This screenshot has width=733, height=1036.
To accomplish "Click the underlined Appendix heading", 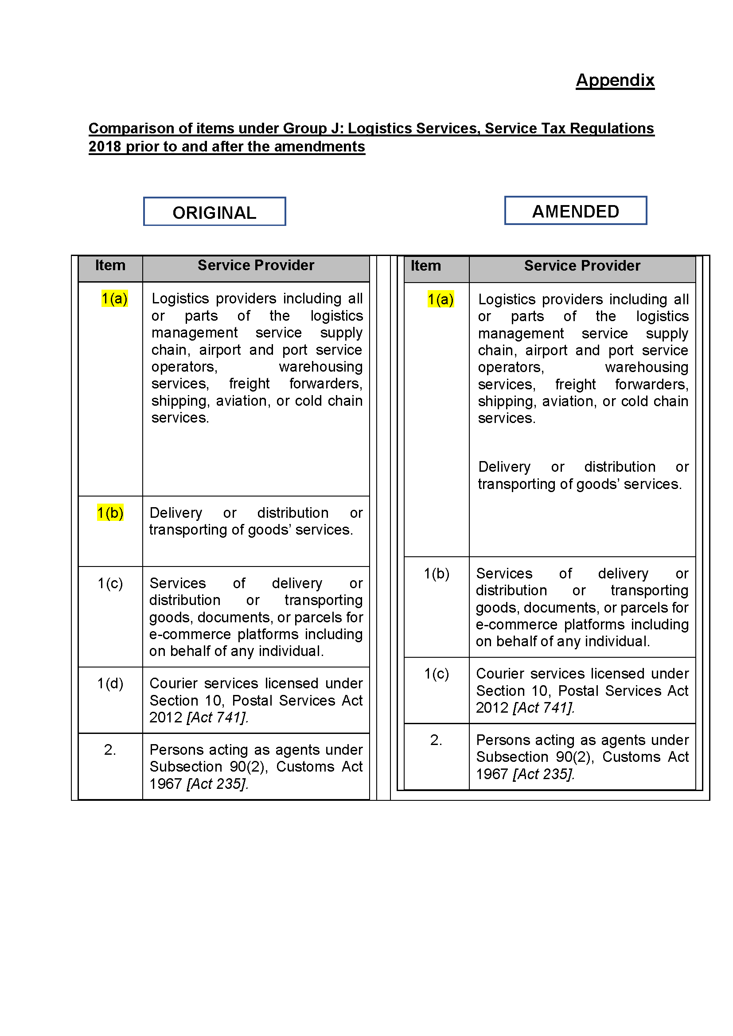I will (615, 80).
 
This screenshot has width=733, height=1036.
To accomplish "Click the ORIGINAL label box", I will (214, 212).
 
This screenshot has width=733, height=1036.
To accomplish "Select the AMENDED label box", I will (576, 211).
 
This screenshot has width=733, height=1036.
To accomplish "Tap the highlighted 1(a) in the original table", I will (115, 299).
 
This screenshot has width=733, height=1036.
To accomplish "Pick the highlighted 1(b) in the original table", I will (110, 513).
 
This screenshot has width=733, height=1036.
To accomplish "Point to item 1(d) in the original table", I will (110, 683).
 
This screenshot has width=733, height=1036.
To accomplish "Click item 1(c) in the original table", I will (110, 583).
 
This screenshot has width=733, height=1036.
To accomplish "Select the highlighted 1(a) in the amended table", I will (441, 299).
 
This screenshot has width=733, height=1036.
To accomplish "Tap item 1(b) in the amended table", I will (437, 574).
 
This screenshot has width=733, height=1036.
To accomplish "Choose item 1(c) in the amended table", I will (437, 674).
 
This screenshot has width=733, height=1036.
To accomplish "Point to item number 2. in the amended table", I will (436, 740).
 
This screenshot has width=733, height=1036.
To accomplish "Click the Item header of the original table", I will (110, 265).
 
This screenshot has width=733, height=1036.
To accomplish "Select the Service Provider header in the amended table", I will (582, 266).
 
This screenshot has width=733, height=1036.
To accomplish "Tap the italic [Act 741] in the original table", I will (217, 718).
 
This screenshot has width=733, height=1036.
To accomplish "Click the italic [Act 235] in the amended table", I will (543, 774).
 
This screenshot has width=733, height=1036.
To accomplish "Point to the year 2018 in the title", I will (105, 147).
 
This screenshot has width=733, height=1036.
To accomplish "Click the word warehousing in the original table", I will (320, 367).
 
